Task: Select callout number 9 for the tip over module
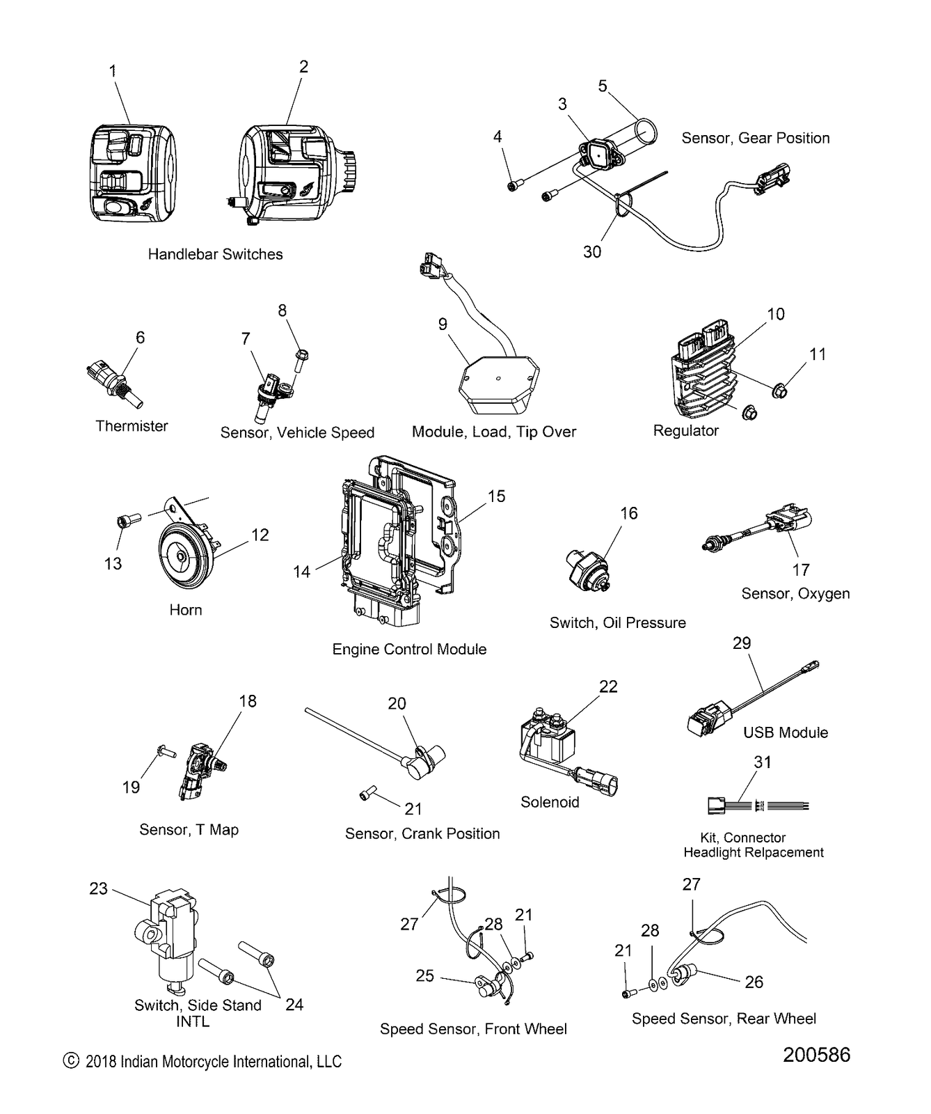(x=443, y=324)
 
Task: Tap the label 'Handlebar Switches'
(x=215, y=254)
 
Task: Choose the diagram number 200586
(x=816, y=1055)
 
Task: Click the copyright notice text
(x=202, y=1061)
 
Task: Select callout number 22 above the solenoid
(x=608, y=687)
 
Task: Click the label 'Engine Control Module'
(x=409, y=649)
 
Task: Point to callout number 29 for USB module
(x=742, y=643)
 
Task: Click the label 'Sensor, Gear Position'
(x=756, y=138)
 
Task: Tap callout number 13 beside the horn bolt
(x=113, y=563)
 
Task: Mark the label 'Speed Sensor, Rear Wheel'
(x=724, y=1019)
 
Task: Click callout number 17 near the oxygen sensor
(x=801, y=570)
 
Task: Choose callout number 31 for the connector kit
(x=763, y=762)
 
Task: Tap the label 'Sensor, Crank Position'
(x=422, y=833)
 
